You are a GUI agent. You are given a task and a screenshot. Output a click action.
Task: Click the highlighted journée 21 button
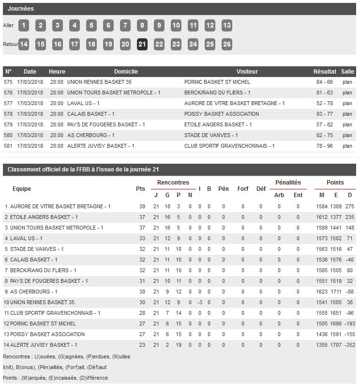(x=142, y=45)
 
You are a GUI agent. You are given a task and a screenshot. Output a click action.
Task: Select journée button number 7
(x=125, y=26)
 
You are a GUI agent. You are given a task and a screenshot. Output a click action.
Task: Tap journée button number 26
(x=226, y=45)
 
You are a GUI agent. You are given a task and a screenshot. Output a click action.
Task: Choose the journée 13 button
(x=226, y=26)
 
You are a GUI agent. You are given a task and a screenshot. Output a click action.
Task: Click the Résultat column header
(x=325, y=72)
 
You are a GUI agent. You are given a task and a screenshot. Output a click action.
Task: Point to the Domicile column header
(x=126, y=72)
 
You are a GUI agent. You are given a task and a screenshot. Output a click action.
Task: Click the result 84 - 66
(x=325, y=82)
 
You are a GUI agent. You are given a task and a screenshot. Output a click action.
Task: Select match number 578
(x=8, y=114)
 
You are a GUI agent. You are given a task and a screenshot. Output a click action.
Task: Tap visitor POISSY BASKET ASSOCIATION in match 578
(x=222, y=114)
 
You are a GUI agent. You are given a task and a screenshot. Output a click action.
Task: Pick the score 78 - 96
(x=325, y=146)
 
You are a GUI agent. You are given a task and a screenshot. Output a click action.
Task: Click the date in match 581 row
(x=30, y=146)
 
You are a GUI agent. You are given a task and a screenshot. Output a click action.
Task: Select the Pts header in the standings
(x=140, y=189)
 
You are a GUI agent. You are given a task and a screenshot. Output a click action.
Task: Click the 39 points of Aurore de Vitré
(x=142, y=207)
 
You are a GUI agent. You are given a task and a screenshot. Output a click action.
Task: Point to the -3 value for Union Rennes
(x=199, y=303)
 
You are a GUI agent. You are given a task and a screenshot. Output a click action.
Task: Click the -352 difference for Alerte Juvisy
(x=349, y=345)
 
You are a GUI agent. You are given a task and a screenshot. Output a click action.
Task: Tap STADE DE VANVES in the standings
(x=37, y=249)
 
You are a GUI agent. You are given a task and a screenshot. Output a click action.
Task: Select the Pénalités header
(x=288, y=183)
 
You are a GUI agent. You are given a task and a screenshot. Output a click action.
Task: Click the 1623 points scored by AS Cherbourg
(x=322, y=292)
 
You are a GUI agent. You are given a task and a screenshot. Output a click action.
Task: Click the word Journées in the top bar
(x=21, y=9)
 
